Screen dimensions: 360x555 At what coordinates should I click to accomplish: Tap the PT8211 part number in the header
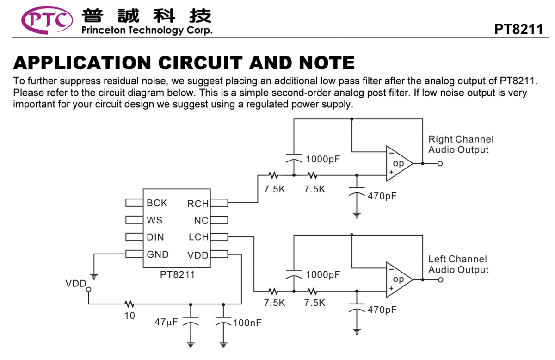coord(518,29)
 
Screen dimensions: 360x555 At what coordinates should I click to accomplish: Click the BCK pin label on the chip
coord(157,203)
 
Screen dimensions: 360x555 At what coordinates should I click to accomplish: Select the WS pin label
coord(154,220)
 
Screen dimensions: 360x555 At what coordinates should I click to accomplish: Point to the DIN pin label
coord(155,237)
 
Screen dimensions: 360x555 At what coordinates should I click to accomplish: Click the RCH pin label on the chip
coord(197,204)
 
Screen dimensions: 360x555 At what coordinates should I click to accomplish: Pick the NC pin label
coord(201,221)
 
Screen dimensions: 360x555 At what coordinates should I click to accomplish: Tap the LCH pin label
coord(198,237)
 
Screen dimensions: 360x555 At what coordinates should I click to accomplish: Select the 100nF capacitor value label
coord(247,323)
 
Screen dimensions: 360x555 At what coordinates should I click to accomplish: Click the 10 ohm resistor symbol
coord(129,304)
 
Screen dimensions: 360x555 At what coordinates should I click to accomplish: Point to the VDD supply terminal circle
coord(89,290)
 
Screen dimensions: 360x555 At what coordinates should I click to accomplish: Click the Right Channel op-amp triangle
coord(399,163)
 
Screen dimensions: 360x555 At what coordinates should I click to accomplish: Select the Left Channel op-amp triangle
coord(399,279)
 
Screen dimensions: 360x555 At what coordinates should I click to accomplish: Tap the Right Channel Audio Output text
coord(461,144)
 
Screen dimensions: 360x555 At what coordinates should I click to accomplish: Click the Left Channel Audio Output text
coord(458,264)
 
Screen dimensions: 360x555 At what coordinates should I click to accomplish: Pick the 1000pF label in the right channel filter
coord(323,159)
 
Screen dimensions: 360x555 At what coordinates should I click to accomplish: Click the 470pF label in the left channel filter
coord(382,310)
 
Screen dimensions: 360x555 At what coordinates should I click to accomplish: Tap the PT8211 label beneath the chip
coord(178,274)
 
